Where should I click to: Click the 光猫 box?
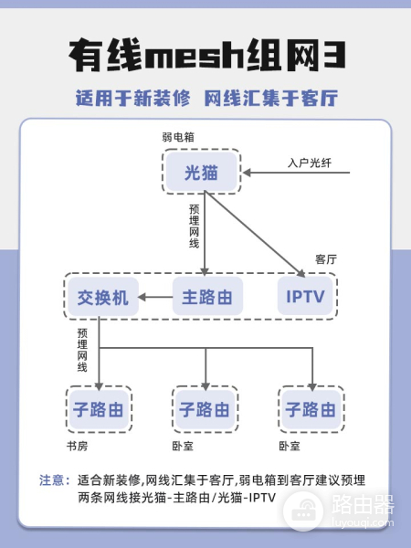tap(201, 172)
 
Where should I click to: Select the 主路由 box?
tap(207, 296)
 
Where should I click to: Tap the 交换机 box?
tap(103, 297)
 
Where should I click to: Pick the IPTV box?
tap(305, 296)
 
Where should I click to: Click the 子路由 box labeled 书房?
tap(99, 409)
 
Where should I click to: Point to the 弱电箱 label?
tap(178, 137)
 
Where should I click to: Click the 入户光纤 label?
tap(310, 163)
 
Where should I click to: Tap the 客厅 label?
tap(326, 259)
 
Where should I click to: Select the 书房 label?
tap(77, 446)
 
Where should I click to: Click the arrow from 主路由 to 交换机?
tap(155, 297)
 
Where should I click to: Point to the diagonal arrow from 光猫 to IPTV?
tap(255, 234)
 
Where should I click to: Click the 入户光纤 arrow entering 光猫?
tap(296, 173)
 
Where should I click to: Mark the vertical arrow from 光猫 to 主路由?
tap(205, 234)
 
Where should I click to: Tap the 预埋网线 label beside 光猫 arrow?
tap(194, 227)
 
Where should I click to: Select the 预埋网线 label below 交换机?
tap(82, 350)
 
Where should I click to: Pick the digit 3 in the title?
tap(333, 55)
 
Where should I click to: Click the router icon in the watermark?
tap(303, 511)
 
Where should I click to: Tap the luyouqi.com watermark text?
tap(362, 523)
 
